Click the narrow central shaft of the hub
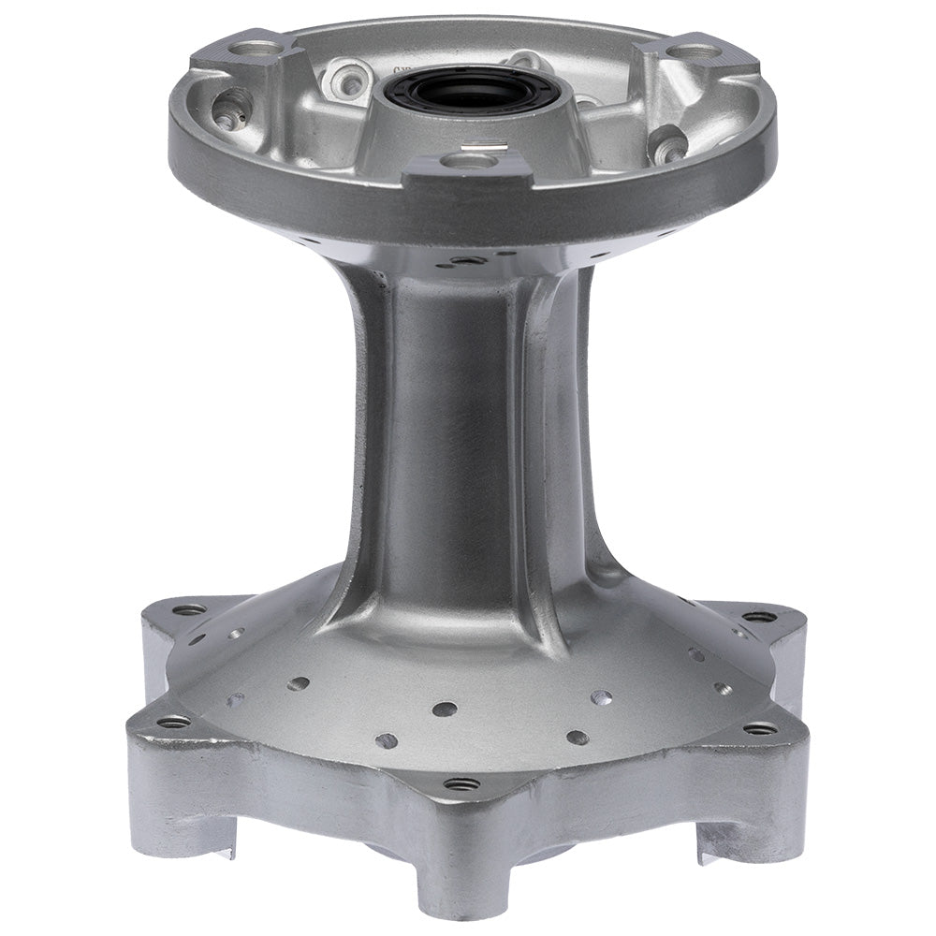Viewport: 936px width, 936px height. pyautogui.click(x=459, y=421)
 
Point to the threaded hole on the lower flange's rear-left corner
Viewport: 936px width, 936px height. pyautogui.click(x=191, y=609)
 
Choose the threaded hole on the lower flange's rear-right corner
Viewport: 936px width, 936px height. pyautogui.click(x=758, y=618)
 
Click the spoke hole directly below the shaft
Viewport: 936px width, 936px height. pyautogui.click(x=446, y=709)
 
